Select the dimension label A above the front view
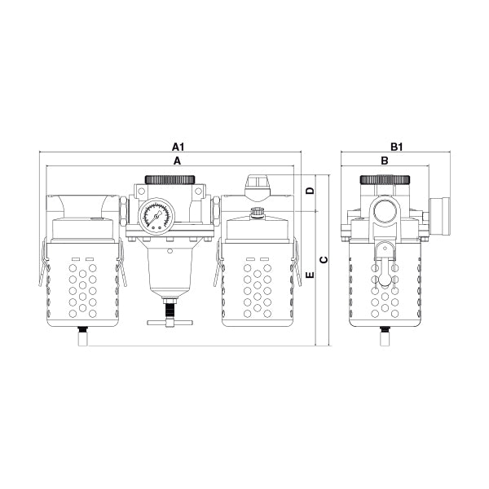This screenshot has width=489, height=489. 177,161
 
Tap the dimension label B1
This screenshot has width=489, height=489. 397,147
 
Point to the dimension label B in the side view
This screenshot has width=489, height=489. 384,161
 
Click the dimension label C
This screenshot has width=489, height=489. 324,260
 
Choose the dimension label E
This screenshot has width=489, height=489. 309,277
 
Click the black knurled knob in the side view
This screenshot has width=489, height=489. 385,178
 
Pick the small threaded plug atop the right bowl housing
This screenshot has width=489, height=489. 258,214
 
